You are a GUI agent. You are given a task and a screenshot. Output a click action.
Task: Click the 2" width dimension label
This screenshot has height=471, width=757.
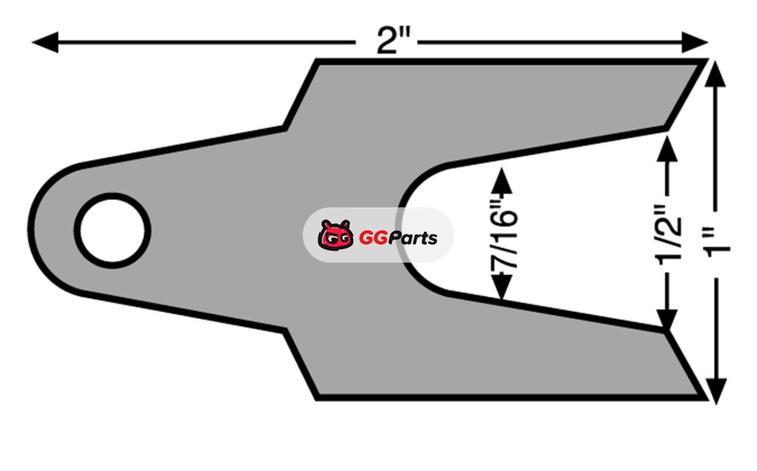point(393,41)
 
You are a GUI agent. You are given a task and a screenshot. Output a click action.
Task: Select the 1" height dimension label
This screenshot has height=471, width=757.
point(719,245)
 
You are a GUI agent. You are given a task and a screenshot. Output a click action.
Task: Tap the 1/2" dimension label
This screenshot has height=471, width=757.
point(668,235)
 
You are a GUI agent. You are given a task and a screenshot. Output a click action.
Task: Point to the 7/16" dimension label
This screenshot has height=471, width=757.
point(503,240)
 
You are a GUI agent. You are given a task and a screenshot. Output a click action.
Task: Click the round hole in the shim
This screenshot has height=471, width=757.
point(112,231)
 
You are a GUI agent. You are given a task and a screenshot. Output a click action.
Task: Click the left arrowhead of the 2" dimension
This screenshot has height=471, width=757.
point(45,42)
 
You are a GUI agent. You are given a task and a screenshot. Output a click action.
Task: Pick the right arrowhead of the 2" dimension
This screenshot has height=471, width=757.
point(695,42)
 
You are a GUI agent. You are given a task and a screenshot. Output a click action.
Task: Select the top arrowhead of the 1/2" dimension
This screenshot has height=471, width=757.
point(668,149)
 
